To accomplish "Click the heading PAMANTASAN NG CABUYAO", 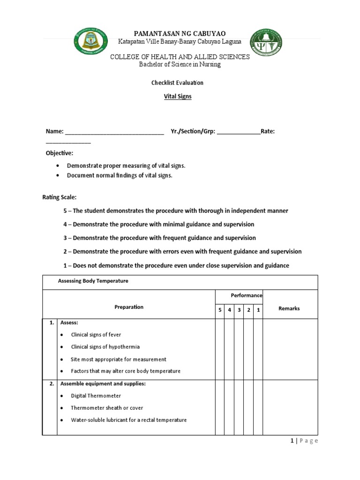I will [x=180, y=33].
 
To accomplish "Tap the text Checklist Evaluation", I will [x=177, y=82].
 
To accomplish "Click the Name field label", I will [x=54, y=132].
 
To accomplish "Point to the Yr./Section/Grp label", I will [x=193, y=132].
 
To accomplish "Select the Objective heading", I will [x=60, y=153].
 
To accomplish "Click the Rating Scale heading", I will [x=59, y=197].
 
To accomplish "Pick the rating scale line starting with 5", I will [x=176, y=211].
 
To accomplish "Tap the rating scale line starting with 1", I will [x=176, y=266].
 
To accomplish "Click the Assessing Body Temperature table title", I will [x=93, y=281].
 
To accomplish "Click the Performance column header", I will [x=246, y=296].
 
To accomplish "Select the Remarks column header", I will [x=289, y=308].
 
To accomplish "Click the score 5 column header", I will [x=220, y=310].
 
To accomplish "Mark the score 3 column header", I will [x=239, y=310].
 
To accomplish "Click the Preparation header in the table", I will [x=129, y=307].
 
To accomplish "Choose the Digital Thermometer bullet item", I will [x=96, y=396].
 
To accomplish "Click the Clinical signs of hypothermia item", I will [x=105, y=347].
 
